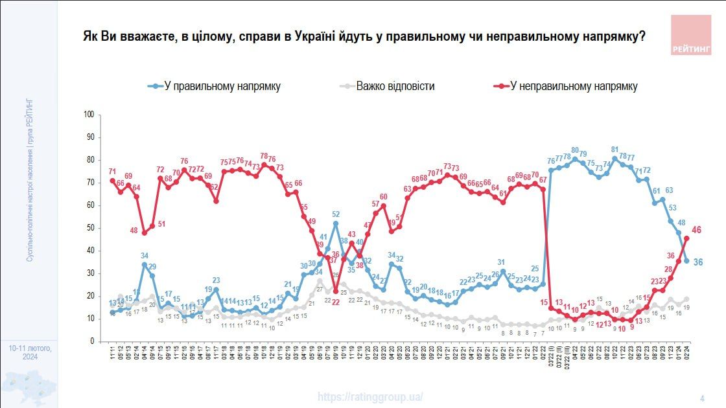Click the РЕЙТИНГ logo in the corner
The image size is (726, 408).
click(x=690, y=35)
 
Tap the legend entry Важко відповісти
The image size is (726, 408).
click(x=395, y=86)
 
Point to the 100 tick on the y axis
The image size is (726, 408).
click(x=89, y=115)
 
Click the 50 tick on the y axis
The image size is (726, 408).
click(x=91, y=228)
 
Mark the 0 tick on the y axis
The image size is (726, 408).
click(x=93, y=341)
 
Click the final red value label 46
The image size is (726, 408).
click(x=697, y=230)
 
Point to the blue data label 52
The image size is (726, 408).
click(x=336, y=214)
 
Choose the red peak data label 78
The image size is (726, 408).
click(x=264, y=156)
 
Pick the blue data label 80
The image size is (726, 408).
click(x=575, y=150)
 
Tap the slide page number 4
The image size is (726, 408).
click(x=702, y=398)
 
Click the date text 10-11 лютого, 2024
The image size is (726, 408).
click(x=30, y=353)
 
